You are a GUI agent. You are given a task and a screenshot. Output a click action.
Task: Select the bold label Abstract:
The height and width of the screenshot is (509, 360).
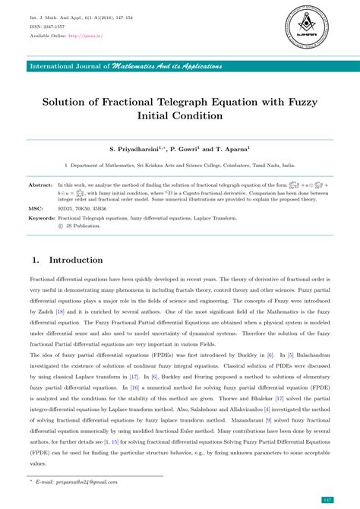40,185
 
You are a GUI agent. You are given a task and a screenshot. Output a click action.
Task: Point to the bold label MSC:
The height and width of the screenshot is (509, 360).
36,207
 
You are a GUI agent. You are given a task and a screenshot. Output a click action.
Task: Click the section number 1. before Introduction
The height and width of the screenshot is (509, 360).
35,260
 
